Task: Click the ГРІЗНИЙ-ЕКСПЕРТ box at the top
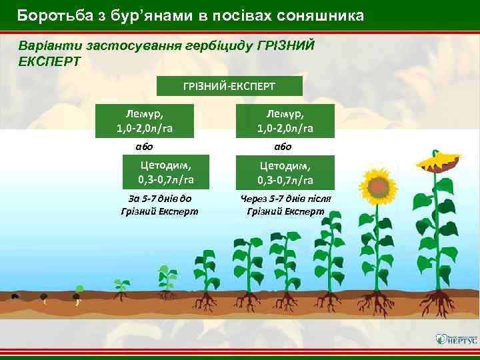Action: pyautogui.click(x=229, y=86)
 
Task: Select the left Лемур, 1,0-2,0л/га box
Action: pyautogui.click(x=145, y=121)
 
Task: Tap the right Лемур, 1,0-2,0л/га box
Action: pyautogui.click(x=285, y=121)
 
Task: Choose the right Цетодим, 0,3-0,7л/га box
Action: pyautogui.click(x=285, y=173)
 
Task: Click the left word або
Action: pyautogui.click(x=144, y=147)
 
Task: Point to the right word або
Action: pyautogui.click(x=283, y=147)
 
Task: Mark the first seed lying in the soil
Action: pyautogui.click(x=15, y=295)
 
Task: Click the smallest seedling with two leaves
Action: pyautogui.click(x=121, y=285)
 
